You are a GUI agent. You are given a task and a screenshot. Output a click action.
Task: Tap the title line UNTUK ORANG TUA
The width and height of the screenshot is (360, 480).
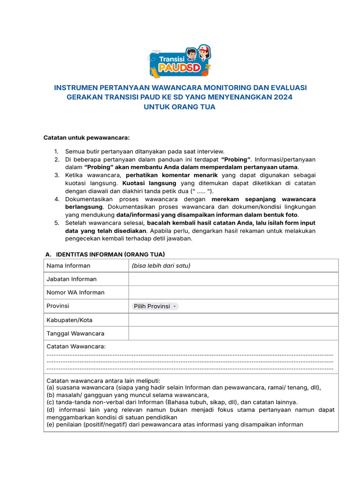[180, 107]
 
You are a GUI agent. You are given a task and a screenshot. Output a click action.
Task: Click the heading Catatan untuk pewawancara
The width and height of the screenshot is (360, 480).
[86, 138]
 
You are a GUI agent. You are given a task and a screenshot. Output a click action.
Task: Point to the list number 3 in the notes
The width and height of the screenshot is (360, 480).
[56, 175]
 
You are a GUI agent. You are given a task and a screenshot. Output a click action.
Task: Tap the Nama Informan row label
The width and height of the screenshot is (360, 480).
[68, 266]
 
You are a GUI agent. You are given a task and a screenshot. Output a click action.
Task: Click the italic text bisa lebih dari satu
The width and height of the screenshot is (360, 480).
[161, 266]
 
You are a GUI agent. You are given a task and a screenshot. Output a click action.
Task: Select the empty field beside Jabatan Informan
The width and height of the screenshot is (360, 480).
[233, 279]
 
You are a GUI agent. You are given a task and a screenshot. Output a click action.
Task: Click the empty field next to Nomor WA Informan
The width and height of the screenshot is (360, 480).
[233, 292]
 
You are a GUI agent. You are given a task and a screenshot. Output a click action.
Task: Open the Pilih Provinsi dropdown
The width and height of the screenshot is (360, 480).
[155, 306]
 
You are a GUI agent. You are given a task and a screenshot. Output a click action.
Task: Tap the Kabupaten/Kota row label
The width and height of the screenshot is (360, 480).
[69, 320]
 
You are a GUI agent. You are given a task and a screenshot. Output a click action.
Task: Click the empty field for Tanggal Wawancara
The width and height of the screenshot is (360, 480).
[233, 333]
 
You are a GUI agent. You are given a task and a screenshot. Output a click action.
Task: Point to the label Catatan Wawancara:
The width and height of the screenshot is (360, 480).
[76, 346]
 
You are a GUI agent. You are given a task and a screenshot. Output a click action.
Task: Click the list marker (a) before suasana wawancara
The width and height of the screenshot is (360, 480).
[51, 388]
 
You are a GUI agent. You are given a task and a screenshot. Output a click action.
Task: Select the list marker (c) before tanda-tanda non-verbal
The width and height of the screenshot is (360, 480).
[51, 402]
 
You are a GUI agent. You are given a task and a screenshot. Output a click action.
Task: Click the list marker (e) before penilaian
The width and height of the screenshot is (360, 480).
[51, 425]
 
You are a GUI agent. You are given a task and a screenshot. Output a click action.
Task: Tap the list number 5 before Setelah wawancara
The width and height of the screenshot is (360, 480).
[56, 223]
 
